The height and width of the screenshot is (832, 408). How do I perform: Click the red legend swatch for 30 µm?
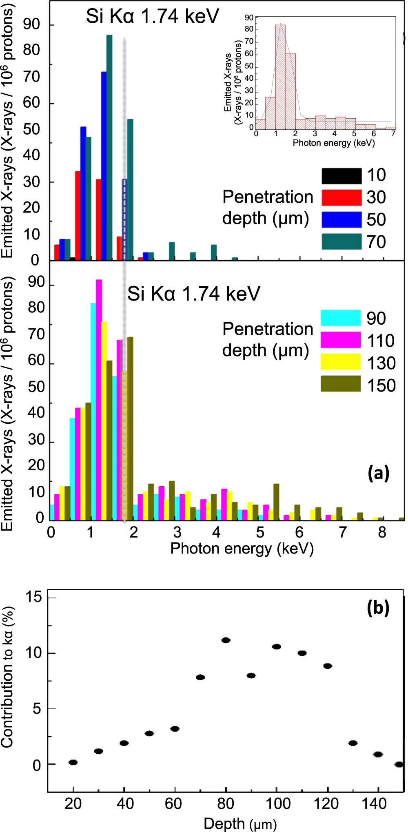(341, 197)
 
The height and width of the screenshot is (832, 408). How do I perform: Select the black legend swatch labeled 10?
(341, 176)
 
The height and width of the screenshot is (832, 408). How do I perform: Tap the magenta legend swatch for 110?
(341, 340)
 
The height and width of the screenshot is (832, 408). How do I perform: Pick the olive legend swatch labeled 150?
(341, 384)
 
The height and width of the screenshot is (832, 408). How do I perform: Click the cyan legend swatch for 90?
(341, 318)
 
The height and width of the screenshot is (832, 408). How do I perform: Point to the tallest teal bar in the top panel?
(109, 147)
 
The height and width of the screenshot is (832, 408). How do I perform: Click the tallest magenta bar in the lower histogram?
(99, 400)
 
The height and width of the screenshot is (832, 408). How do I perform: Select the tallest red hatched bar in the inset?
(280, 77)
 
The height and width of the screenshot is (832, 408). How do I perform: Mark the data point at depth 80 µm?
(226, 640)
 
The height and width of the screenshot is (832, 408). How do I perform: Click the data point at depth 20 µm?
(73, 762)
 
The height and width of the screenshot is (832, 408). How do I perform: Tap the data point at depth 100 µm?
(277, 646)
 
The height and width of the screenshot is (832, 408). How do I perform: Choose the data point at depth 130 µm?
(353, 743)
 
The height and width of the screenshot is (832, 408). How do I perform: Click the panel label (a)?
(378, 474)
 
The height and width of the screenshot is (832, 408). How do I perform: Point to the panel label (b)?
(378, 608)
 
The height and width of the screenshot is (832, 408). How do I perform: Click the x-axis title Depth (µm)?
(240, 823)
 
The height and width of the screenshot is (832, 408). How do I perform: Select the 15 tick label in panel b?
(34, 597)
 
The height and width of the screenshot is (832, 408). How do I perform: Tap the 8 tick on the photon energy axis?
(382, 532)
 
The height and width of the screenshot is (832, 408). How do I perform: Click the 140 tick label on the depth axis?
(374, 804)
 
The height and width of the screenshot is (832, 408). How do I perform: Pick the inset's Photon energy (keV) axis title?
(334, 143)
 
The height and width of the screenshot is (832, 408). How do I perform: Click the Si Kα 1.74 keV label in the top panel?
(152, 17)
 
